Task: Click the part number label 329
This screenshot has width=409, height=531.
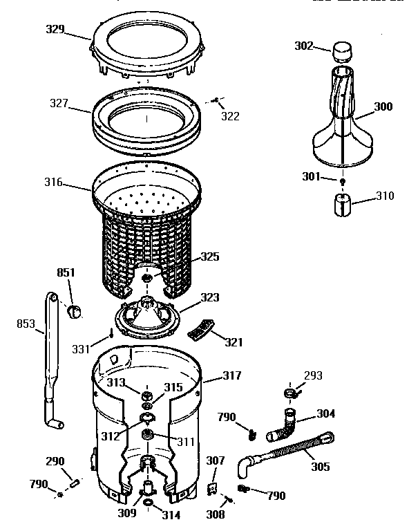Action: [55, 29]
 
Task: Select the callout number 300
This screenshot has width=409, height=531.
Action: [383, 106]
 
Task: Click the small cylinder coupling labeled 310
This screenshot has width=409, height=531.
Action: [343, 205]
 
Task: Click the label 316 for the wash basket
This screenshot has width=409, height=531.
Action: [53, 183]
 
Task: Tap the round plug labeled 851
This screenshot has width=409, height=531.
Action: [75, 310]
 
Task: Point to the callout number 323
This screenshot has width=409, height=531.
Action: [210, 297]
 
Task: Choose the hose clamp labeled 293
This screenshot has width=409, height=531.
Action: [290, 394]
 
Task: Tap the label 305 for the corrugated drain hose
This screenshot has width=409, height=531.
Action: [320, 467]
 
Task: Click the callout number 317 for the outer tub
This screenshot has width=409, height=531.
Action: [231, 376]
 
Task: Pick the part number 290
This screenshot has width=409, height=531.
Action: [55, 461]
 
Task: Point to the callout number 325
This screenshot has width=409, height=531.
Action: [210, 257]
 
